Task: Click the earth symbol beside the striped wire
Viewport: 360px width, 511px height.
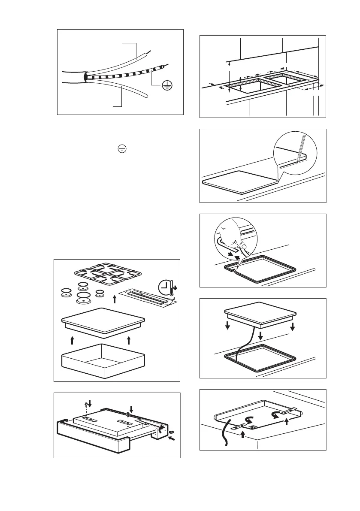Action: click(x=168, y=86)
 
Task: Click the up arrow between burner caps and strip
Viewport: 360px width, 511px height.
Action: click(x=115, y=298)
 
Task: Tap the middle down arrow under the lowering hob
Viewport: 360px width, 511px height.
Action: click(x=260, y=334)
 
